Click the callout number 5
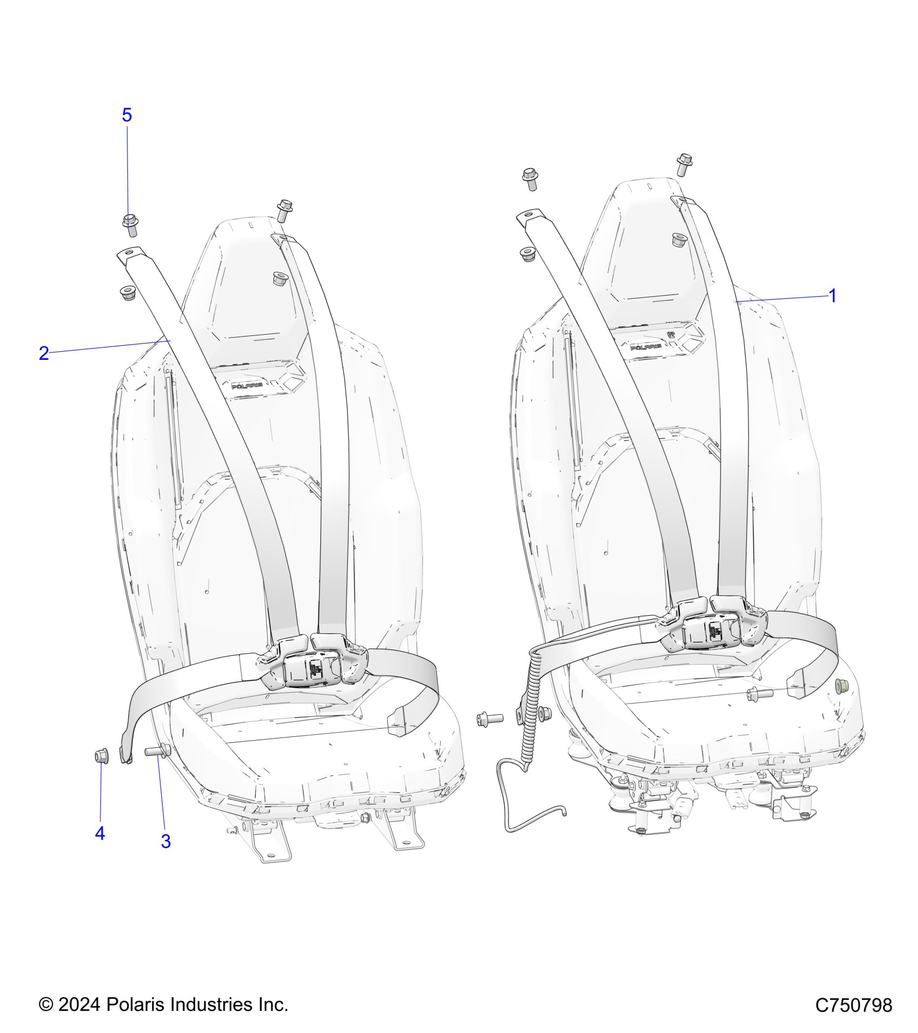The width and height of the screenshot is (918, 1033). coord(127,115)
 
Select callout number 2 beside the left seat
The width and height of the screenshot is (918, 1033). coord(44,353)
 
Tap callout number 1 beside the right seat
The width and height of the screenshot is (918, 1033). coord(832,296)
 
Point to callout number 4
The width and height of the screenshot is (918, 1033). coord(100,834)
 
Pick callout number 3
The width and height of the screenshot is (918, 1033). coord(166,841)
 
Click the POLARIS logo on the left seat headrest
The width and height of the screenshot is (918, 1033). coord(247,386)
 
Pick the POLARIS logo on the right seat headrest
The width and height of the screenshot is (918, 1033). coord(648,346)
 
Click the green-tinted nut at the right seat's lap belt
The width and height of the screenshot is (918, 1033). coord(841,686)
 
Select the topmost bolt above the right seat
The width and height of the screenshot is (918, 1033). coord(684,164)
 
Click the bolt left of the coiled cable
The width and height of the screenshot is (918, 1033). coord(489,719)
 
